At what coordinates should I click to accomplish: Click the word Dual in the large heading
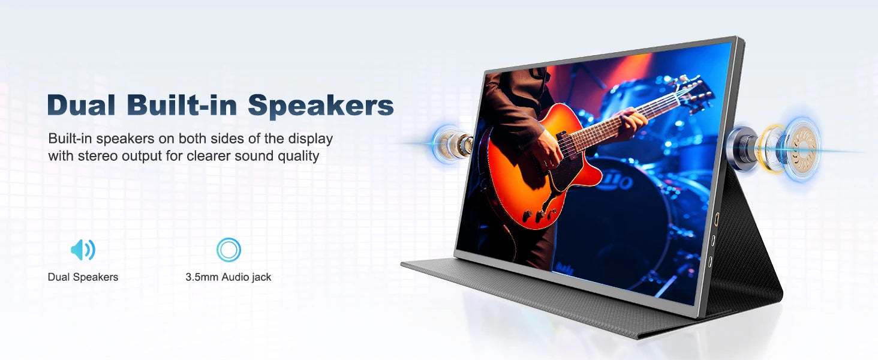pos(82,104)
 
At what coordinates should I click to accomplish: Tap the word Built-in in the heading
pos(182,104)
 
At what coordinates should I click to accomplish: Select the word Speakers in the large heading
pos(321,106)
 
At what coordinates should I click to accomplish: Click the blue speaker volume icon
pos(83,250)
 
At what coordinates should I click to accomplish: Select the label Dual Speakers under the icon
pos(83,277)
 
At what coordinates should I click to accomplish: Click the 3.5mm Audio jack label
pos(228,277)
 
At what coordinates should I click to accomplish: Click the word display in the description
pos(310,139)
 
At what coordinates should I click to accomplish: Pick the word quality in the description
pos(298,157)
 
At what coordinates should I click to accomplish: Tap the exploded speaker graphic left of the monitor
pos(452,142)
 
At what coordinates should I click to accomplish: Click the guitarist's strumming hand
pos(548,149)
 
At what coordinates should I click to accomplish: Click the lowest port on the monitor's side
pos(710,262)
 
